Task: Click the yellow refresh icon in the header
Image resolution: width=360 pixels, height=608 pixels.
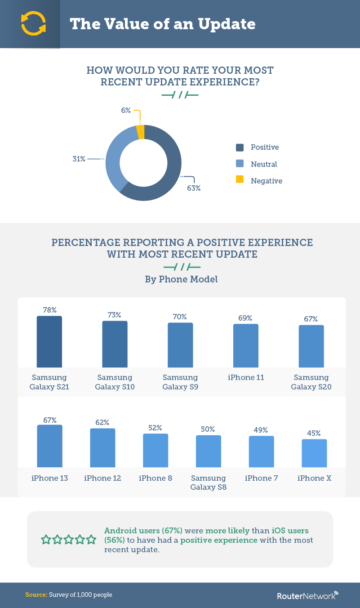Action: coord(33,23)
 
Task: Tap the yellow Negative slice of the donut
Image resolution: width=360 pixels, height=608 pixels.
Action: coord(141,132)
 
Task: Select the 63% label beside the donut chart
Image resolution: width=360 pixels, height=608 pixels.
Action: coord(194,188)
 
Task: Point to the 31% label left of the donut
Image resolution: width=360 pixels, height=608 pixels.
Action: coord(79,159)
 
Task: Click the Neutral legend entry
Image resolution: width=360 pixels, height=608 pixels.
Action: coord(264,164)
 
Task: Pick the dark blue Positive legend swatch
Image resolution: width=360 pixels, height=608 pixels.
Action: coord(240,148)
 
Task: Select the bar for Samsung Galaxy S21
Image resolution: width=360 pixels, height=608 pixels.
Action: coord(49,341)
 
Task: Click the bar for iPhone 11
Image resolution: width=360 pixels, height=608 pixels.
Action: coord(246,345)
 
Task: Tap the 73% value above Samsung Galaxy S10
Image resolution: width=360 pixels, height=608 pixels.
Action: coord(114,315)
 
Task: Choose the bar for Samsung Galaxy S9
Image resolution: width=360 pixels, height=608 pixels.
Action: coord(180,345)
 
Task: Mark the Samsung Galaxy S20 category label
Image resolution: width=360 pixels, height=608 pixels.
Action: coord(311,382)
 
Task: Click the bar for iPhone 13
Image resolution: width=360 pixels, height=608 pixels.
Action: coord(49,446)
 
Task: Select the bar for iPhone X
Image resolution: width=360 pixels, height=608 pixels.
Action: coord(314,453)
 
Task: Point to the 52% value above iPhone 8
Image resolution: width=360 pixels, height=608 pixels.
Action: coord(156,428)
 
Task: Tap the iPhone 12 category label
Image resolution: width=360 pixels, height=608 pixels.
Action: coord(102,478)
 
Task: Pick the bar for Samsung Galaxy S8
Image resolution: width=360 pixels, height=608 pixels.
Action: coord(209,451)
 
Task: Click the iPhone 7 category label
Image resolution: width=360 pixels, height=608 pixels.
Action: coord(261,478)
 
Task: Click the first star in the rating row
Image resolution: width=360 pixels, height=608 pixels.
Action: coord(46,539)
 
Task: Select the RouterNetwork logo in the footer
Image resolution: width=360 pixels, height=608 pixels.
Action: coord(307,595)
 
